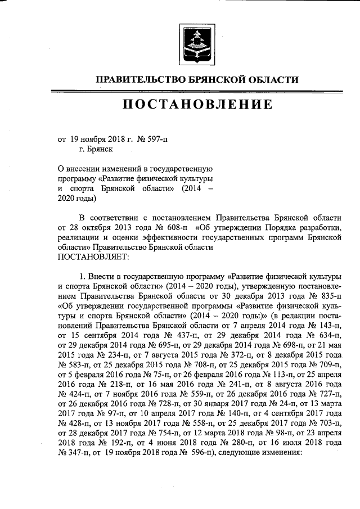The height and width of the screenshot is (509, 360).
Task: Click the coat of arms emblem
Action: click(196, 43)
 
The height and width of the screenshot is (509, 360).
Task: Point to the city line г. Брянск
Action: click(96, 149)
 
